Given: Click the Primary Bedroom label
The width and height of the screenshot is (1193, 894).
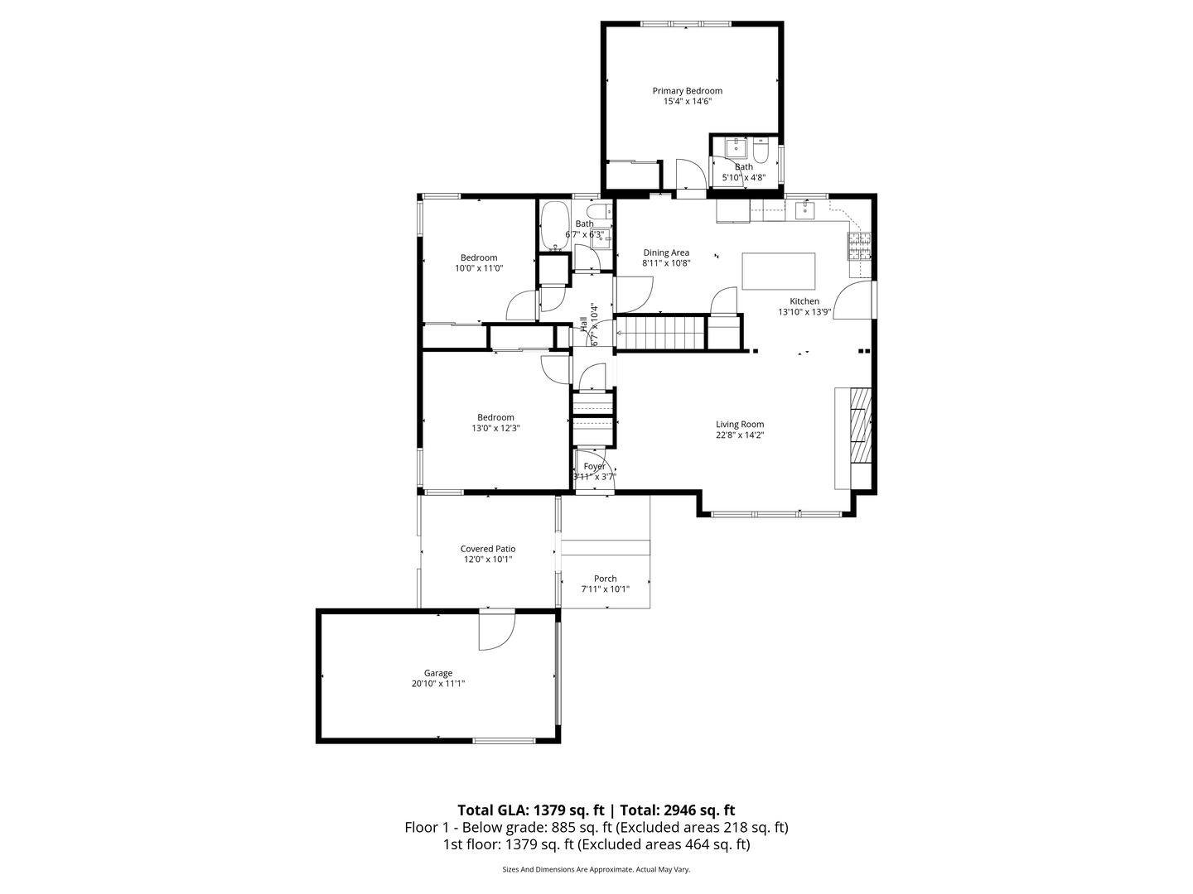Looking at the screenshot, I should point(687,91).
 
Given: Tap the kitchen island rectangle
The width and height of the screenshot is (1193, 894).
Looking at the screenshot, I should point(778,271).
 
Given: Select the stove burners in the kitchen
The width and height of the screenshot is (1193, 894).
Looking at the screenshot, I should point(859,247).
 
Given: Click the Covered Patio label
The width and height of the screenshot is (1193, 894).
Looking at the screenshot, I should point(488,549).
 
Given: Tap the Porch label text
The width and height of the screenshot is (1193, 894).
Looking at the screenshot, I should point(605,579).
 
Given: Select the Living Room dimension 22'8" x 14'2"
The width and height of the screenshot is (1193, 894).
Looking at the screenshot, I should point(740,435).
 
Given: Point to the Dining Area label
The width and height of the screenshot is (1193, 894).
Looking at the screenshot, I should point(666,252).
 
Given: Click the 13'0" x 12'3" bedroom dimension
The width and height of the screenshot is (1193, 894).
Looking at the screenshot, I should point(495,428).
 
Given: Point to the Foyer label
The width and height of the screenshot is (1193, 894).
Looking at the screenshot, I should point(594,466).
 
